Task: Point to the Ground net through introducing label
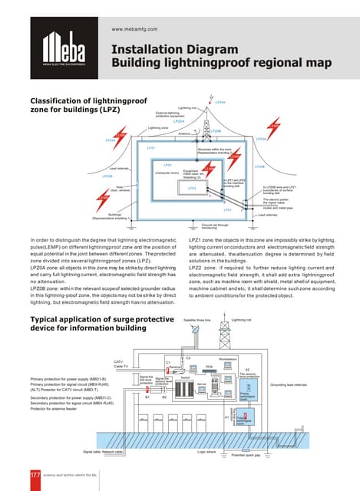point(209,226)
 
